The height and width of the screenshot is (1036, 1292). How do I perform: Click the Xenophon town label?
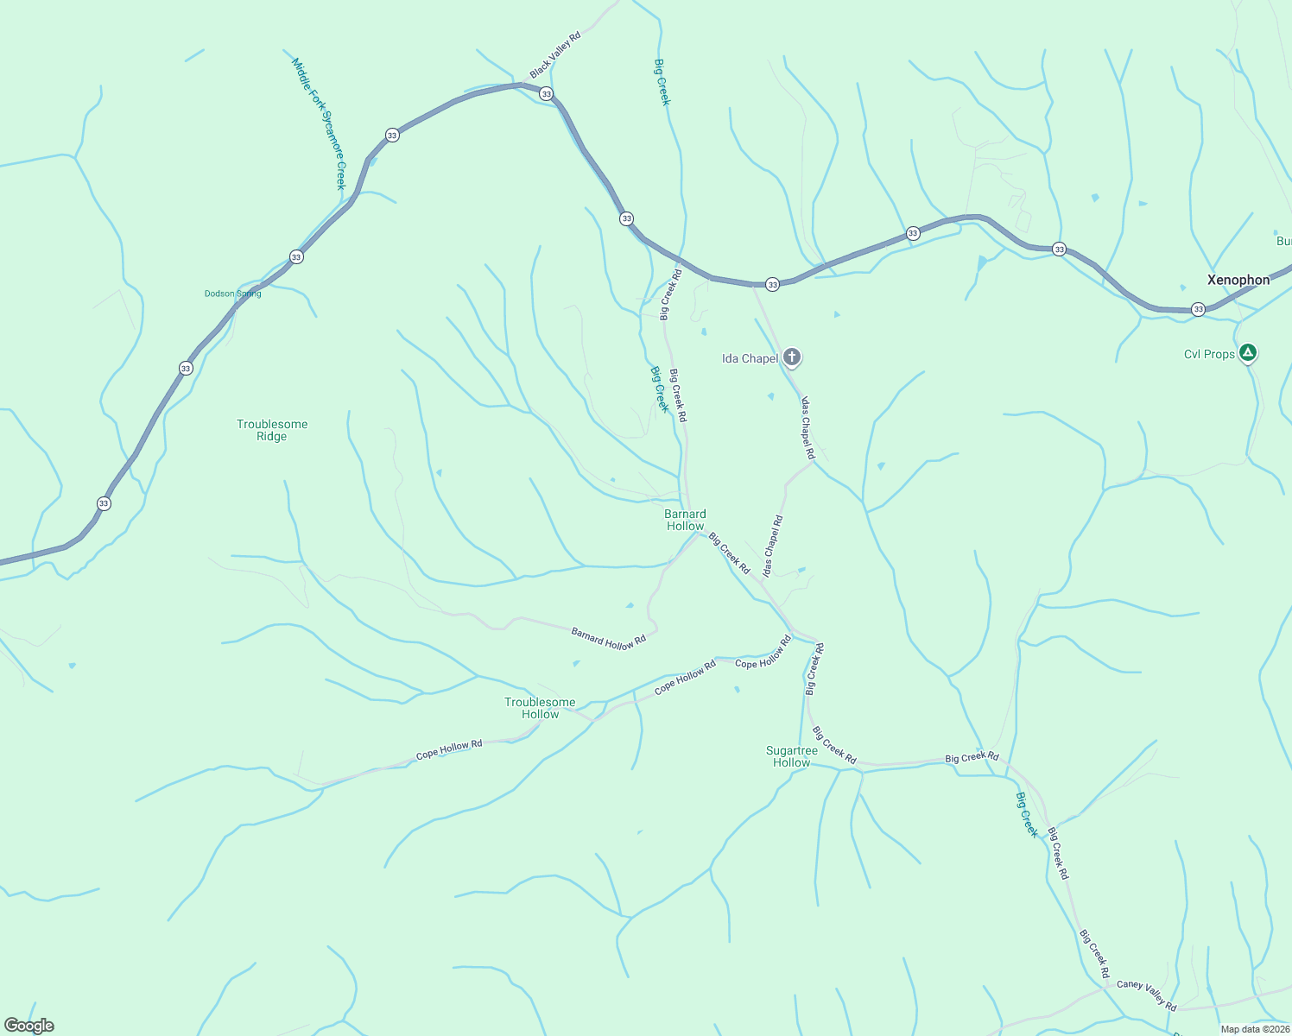point(1238,280)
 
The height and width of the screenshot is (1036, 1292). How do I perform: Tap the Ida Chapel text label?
point(750,358)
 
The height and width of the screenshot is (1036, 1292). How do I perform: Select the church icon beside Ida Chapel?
point(792,357)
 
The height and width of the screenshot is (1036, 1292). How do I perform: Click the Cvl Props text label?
point(1209,354)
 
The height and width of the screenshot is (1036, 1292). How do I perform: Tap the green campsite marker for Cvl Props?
point(1247,352)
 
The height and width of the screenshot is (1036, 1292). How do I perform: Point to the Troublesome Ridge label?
point(272,430)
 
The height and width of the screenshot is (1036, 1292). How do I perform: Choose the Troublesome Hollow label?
point(540,708)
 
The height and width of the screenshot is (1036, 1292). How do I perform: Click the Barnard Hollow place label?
point(685,520)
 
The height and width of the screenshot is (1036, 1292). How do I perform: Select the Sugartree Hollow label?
point(792,756)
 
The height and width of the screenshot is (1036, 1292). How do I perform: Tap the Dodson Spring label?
point(232,294)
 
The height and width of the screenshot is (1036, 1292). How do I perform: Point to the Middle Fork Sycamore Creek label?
point(318,123)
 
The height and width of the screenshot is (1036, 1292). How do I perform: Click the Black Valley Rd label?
point(555,53)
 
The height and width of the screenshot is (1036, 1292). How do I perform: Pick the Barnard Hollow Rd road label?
point(609,639)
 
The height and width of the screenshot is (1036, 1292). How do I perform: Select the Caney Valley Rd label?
point(1146,995)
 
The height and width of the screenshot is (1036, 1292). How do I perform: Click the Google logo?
point(29,1026)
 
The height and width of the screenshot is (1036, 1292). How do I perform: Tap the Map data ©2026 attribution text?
point(1254,1029)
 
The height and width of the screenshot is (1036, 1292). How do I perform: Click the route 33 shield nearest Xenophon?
point(1198,309)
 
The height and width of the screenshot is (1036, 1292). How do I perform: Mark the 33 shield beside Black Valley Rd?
point(546,93)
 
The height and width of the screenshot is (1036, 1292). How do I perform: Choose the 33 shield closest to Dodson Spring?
point(296,257)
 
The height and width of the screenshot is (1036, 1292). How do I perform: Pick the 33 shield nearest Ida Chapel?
point(772,284)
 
